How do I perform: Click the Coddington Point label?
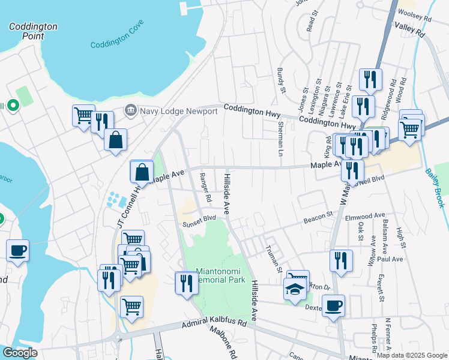tap(33, 31)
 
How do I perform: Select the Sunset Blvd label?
tap(199, 224)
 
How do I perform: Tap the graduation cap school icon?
tap(295, 290)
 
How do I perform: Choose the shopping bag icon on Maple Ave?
tap(142, 172)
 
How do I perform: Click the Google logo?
tap(20, 353)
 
